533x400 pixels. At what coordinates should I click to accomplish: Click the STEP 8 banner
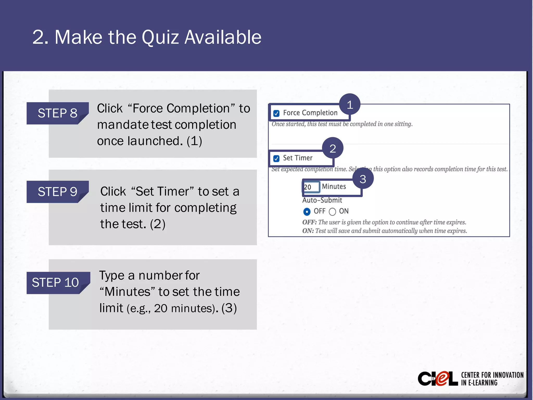[58, 113]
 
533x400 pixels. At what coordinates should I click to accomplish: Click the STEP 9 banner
[58, 192]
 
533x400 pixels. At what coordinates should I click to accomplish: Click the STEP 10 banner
[55, 283]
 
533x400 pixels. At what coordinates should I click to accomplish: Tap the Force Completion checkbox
[276, 113]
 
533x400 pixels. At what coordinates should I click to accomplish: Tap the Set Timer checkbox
[276, 158]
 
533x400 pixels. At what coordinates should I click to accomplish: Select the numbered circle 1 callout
[350, 105]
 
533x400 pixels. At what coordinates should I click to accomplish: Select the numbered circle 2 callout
[333, 148]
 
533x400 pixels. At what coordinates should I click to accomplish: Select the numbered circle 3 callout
[363, 179]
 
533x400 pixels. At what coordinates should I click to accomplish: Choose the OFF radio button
[307, 211]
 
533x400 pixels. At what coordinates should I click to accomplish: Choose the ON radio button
[332, 211]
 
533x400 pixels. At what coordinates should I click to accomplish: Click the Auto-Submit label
[322, 200]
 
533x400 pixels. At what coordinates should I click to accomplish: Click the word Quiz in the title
[160, 37]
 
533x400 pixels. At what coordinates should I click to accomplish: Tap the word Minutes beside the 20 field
[334, 186]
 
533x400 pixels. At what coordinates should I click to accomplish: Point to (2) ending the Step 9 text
[158, 224]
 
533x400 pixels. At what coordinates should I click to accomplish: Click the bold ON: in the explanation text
[308, 231]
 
